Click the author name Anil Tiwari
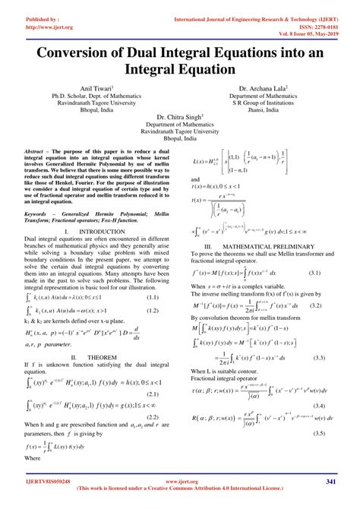tap(95, 89)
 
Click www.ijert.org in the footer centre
tap(180, 481)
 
